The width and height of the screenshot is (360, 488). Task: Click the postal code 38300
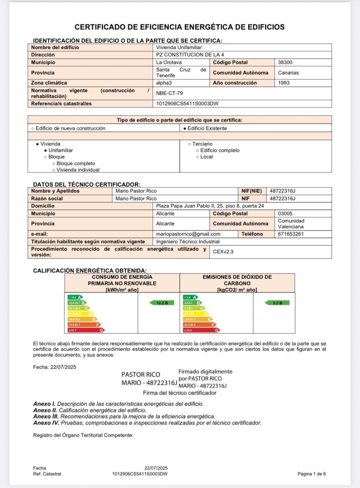(285, 62)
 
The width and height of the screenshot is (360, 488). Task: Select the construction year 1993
(284, 83)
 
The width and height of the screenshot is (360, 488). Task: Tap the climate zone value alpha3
(164, 83)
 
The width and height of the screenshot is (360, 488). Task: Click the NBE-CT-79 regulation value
(169, 93)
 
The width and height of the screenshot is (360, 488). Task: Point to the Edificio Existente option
(207, 128)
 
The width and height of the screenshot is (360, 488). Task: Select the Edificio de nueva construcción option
(70, 128)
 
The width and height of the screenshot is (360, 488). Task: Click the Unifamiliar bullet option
(60, 150)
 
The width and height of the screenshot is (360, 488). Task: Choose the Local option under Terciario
(206, 157)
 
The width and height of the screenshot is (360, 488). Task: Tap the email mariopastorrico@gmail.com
(188, 234)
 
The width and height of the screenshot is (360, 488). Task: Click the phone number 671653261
(291, 234)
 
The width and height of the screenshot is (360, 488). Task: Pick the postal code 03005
(285, 214)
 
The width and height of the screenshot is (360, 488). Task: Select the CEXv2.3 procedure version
(223, 252)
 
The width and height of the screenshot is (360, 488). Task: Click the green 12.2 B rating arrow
(162, 303)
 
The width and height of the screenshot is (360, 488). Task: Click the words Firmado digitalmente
(205, 372)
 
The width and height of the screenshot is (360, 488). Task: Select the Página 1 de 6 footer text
(312, 474)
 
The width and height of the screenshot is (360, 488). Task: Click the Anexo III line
(124, 417)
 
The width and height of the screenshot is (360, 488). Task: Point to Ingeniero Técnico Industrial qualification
(188, 242)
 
